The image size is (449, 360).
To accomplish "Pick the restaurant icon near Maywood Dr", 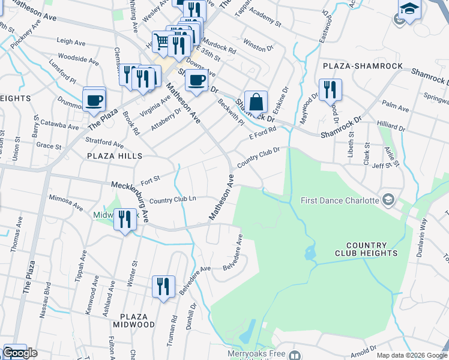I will point(330,89).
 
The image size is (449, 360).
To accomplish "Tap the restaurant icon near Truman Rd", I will point(163,286).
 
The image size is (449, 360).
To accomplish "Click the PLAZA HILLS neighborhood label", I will point(115,156).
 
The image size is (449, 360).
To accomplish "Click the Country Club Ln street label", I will point(173,200).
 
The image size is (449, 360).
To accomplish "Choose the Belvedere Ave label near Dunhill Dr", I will point(195,280).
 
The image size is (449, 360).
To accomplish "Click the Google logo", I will point(20,353).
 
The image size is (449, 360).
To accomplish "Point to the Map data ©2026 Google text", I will point(411,355).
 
